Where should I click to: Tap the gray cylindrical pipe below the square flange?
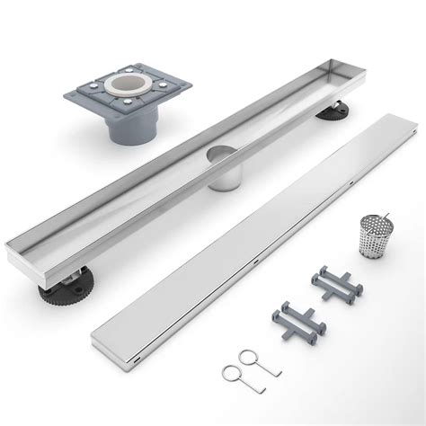pos(125,129)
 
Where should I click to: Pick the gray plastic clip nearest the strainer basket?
pos(336,284)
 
